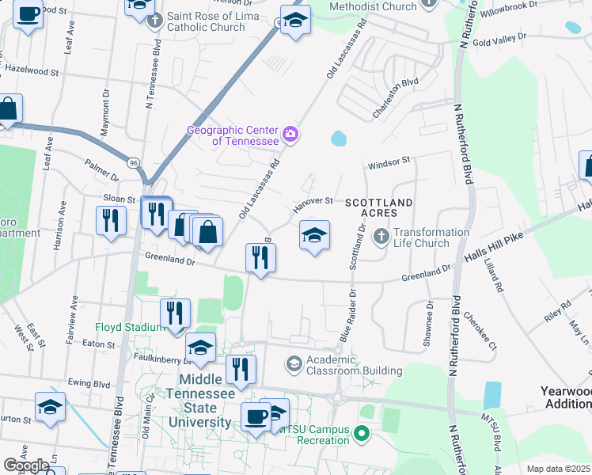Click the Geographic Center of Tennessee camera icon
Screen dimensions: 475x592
point(290,134)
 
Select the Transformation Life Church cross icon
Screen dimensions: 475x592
point(381,236)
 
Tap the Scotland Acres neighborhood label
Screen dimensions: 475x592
point(379,209)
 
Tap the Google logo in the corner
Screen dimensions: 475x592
point(26,465)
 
